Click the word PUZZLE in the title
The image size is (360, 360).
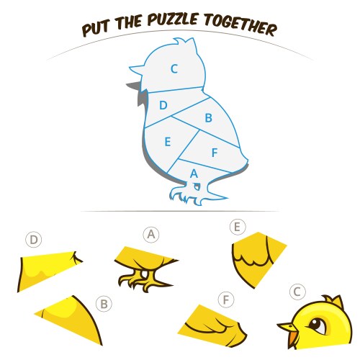[x=173, y=19]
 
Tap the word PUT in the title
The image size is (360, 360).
[x=96, y=28]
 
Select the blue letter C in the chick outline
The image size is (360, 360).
[x=174, y=69]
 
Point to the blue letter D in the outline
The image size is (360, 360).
[x=163, y=105]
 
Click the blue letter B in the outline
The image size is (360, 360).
[x=209, y=118]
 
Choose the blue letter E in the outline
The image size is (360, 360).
[x=168, y=141]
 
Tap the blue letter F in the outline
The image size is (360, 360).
[x=215, y=153]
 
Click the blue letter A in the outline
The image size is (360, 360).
[x=194, y=173]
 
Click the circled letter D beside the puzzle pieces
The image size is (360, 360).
[x=34, y=240]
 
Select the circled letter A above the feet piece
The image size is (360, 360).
[x=151, y=235]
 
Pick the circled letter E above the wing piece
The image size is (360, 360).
[x=238, y=227]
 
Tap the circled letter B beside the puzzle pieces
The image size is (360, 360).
[x=104, y=304]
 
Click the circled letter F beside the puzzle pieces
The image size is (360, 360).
[x=226, y=300]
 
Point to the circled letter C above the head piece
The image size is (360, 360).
[x=297, y=292]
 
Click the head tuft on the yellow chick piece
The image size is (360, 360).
[x=333, y=301]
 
